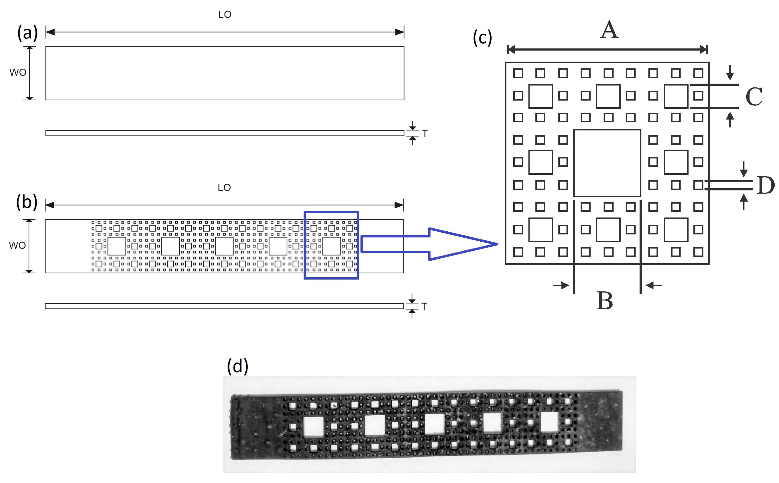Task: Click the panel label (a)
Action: (27, 33)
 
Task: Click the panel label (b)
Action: (26, 203)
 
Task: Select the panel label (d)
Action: (237, 366)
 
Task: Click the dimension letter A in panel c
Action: (609, 30)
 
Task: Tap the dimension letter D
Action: (766, 185)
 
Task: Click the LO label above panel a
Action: (225, 15)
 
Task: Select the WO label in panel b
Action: (17, 245)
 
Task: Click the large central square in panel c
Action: (607, 163)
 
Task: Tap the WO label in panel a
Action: (18, 73)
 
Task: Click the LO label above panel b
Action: (224, 188)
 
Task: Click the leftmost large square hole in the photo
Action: (313, 427)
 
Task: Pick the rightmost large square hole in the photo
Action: (549, 422)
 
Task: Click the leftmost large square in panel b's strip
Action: (117, 246)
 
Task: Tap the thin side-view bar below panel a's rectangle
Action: (225, 133)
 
